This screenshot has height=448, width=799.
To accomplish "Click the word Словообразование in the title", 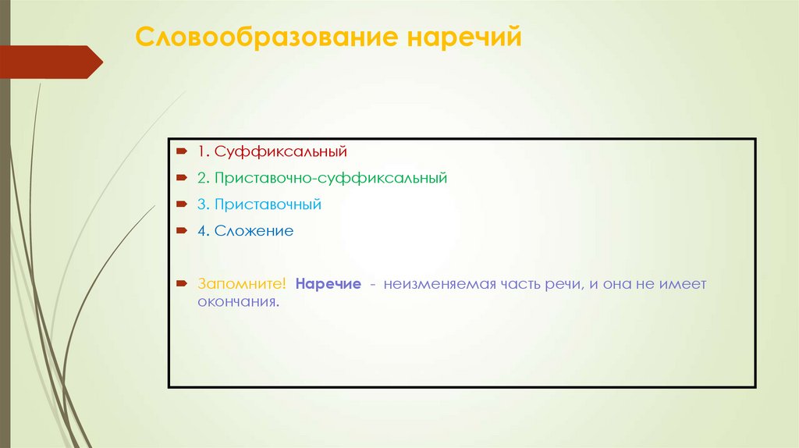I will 265,38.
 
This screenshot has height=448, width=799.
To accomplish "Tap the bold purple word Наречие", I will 328,284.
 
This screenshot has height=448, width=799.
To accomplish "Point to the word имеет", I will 683,284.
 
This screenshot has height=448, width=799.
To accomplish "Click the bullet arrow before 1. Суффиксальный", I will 180,150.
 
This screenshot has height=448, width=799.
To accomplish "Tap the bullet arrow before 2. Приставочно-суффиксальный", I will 180,178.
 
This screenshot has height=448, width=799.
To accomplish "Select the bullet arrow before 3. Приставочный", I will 180,204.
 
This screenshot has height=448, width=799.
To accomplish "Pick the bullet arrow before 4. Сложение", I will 180,231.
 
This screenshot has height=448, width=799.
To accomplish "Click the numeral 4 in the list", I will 201,231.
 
